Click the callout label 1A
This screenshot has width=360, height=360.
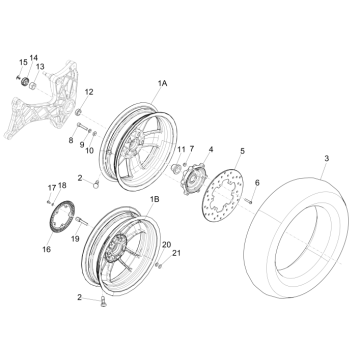coord(162,83)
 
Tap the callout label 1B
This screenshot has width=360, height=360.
coord(154,199)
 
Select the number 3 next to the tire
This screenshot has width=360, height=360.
coord(326,159)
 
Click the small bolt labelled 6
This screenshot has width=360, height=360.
coord(249,201)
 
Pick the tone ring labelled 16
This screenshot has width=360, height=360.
coord(62,218)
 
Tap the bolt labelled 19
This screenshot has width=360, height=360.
coord(82,220)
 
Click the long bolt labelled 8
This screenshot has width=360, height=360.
coord(83,127)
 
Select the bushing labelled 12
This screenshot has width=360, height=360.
coord(79,112)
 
